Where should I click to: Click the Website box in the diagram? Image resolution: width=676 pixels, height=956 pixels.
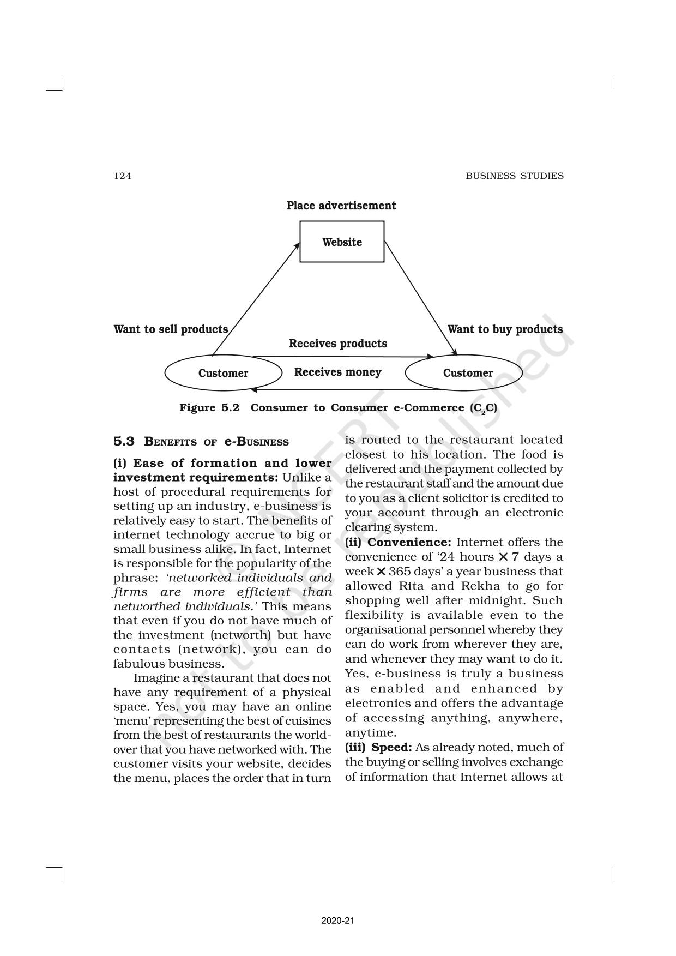[x=342, y=242]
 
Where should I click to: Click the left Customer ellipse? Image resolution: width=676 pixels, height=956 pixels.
[x=223, y=373]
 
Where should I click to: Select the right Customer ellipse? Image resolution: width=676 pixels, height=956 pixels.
[x=467, y=373]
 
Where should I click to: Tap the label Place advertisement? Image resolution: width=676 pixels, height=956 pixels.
[x=341, y=206]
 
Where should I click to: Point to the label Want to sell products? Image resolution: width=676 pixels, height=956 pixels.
[x=171, y=329]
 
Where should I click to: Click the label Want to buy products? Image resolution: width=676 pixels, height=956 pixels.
[x=505, y=329]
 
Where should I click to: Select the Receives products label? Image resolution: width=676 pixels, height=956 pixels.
[x=338, y=344]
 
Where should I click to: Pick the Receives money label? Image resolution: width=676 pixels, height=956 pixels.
[x=337, y=372]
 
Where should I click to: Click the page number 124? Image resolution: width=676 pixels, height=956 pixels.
[x=122, y=176]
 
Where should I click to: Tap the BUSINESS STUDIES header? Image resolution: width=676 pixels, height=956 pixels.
[x=514, y=176]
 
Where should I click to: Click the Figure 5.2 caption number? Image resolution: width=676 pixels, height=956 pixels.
[x=209, y=408]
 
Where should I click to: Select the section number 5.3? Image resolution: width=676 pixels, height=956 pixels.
[x=124, y=441]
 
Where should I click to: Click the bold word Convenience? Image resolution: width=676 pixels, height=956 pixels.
[x=409, y=542]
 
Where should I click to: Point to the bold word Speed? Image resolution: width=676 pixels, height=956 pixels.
[x=391, y=747]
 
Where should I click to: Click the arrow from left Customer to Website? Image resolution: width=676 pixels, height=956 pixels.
[x=255, y=299]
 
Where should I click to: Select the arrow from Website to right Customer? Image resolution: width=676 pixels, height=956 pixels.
[x=420, y=298]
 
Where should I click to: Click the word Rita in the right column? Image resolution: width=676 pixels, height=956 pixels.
[x=412, y=586]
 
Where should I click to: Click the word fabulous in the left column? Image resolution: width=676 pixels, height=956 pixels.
[x=137, y=664]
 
